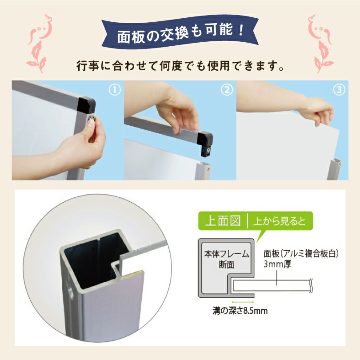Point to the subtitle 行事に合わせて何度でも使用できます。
point(180,68)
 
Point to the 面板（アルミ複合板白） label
point(301,254)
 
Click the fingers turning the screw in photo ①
point(92,129)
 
